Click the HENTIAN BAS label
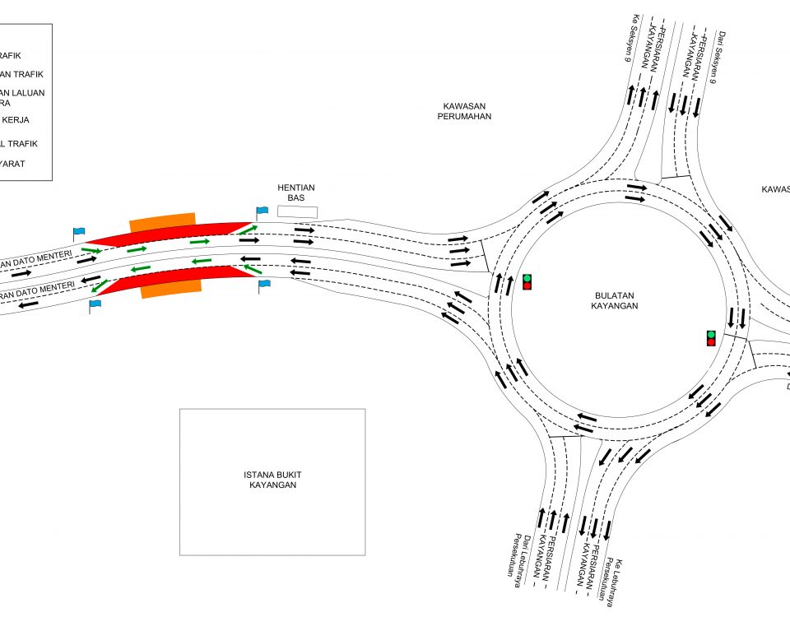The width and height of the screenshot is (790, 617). [296, 193]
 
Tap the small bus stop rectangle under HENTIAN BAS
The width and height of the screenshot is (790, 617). [297, 211]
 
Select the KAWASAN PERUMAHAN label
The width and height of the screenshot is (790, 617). [467, 111]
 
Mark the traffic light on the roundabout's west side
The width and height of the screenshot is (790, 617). [527, 281]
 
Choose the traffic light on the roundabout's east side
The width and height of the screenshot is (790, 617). [711, 337]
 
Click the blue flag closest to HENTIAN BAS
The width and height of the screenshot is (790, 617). [263, 211]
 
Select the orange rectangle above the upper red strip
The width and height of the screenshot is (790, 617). [162, 222]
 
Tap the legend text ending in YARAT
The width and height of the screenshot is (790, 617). [12, 164]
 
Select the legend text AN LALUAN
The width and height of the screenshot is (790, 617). [22, 93]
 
